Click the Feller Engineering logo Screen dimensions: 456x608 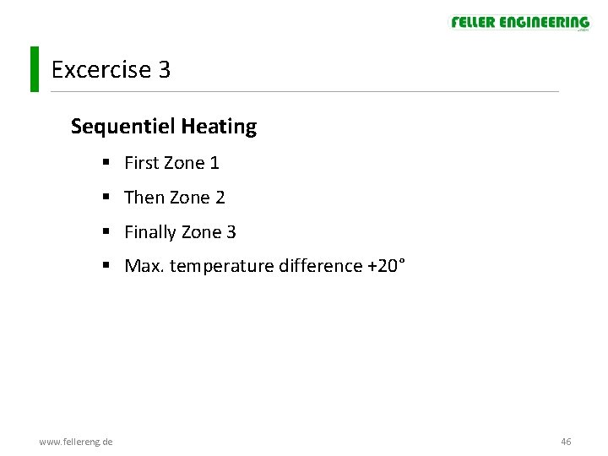(519, 23)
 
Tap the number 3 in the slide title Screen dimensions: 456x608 (164, 70)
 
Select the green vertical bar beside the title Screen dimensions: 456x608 (34, 69)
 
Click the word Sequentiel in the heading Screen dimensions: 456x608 (122, 128)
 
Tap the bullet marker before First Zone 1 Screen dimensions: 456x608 (106, 163)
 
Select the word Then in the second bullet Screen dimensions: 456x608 (144, 198)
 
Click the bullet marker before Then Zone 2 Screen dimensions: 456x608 (106, 198)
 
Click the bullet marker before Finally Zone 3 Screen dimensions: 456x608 (106, 232)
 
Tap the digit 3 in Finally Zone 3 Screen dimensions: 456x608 (231, 232)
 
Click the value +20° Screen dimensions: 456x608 (386, 266)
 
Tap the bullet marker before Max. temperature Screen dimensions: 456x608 (106, 266)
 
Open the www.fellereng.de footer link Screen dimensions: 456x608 (77, 442)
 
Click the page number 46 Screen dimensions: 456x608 (566, 442)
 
